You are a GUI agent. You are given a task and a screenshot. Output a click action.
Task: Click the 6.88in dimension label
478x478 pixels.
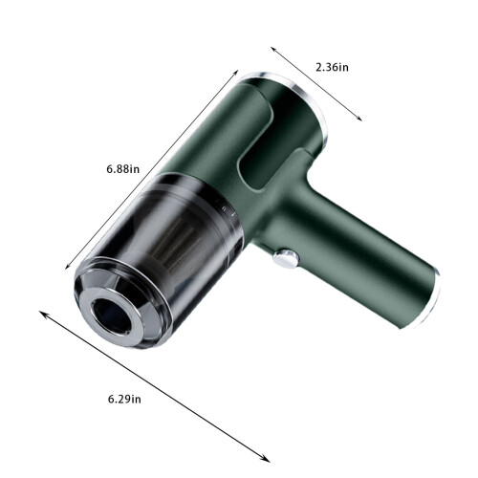(123, 168)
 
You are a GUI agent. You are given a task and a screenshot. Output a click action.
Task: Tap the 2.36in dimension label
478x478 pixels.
(332, 67)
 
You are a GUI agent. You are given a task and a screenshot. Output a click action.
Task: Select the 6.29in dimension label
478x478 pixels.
(124, 399)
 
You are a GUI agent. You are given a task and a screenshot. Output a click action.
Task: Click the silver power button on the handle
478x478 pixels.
(286, 258)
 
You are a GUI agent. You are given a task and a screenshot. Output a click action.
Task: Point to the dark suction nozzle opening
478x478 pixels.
(112, 316)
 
